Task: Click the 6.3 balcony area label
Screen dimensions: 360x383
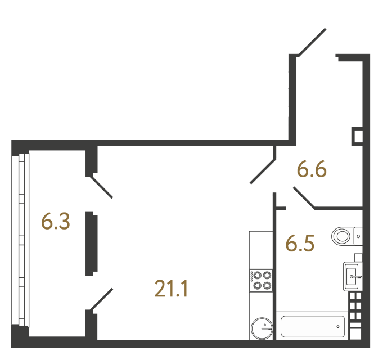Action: (x=55, y=221)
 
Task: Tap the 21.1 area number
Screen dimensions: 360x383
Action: (x=170, y=289)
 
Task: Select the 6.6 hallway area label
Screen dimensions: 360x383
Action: (x=312, y=169)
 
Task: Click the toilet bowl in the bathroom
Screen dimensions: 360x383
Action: (x=342, y=235)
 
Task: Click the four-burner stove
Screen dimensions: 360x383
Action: (x=261, y=280)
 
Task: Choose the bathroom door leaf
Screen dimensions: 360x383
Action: (x=304, y=199)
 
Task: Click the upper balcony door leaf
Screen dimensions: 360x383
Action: (x=102, y=187)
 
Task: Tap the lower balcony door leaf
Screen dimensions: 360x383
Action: (x=102, y=299)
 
